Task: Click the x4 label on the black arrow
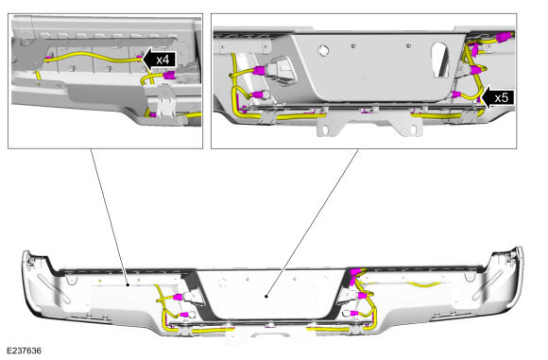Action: point(163,60)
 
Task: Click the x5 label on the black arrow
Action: point(502,97)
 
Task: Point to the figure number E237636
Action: point(25,351)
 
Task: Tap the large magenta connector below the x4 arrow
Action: point(169,75)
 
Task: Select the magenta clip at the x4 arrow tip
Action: point(140,57)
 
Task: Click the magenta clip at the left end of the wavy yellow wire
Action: point(48,57)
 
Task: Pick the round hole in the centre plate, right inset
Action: point(324,50)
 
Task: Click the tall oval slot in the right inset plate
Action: point(440,60)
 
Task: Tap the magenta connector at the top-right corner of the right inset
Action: point(506,36)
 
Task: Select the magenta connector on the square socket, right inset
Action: point(260,71)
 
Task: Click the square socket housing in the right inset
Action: point(282,71)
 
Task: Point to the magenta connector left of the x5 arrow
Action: point(456,94)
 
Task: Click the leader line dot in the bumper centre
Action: point(266,297)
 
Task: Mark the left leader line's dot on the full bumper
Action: point(128,285)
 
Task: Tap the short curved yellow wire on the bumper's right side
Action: point(425,284)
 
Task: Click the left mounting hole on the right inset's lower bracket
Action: point(325,130)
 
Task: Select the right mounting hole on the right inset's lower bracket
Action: point(413,130)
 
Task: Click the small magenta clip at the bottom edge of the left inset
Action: point(152,114)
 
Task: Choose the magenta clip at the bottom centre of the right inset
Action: point(367,111)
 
